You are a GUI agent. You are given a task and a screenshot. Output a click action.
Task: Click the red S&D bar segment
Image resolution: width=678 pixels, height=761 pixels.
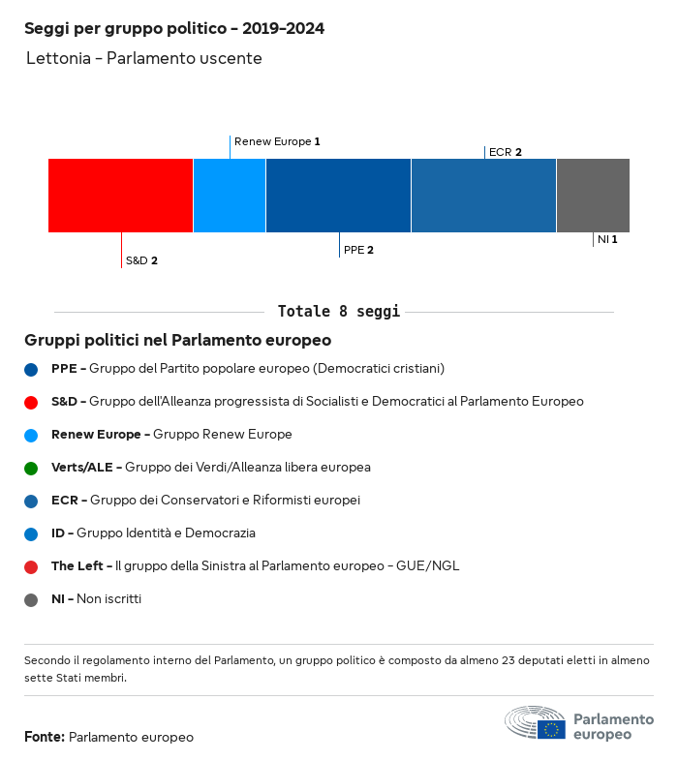pos(120,196)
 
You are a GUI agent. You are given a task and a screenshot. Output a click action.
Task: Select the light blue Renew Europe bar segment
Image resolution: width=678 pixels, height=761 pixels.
pos(230,196)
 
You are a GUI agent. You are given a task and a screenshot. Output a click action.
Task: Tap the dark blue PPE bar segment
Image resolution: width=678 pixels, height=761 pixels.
pos(338,196)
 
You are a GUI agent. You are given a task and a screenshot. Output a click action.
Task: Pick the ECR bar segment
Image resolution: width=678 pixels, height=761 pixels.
pos(483,196)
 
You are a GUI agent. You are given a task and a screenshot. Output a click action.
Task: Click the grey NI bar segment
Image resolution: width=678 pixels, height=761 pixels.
pos(593,196)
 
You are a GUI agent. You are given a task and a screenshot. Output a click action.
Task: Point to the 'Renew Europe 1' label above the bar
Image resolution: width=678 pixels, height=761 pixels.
pos(277,141)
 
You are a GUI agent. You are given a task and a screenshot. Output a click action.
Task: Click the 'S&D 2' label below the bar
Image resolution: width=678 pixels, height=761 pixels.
pos(141,260)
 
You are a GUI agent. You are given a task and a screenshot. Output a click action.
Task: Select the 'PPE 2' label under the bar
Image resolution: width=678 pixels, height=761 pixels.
pos(358,250)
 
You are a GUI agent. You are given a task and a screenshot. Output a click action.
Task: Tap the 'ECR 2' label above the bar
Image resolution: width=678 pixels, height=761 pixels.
pos(506,152)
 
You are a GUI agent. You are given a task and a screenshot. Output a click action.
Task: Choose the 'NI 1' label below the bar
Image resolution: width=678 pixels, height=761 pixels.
pos(607,239)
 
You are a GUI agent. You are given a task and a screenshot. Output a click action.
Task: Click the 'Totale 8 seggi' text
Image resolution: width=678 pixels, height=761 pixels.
pos(338,312)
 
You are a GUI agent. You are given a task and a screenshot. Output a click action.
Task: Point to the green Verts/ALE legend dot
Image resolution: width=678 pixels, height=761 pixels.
pos(31,468)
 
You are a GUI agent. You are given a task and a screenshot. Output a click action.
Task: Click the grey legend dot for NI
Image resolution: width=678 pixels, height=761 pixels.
pos(31,599)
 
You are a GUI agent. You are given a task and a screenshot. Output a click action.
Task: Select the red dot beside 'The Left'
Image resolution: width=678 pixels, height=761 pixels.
pos(31,566)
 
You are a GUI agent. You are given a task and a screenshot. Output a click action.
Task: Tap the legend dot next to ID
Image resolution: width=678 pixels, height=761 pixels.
pos(31,533)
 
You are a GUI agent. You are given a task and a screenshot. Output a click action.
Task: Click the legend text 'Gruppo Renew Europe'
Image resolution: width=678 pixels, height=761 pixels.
pos(223,435)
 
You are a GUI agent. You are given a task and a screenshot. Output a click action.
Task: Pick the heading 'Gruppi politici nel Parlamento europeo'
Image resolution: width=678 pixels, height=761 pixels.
pos(178,341)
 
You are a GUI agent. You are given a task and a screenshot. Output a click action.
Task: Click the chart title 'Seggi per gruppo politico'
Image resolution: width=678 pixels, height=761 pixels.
pos(174,29)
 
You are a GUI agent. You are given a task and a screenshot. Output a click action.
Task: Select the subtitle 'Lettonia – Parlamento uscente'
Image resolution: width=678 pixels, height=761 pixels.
pos(144,59)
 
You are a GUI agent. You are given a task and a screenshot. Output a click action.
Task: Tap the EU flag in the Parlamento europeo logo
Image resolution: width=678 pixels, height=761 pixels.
pos(552,729)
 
